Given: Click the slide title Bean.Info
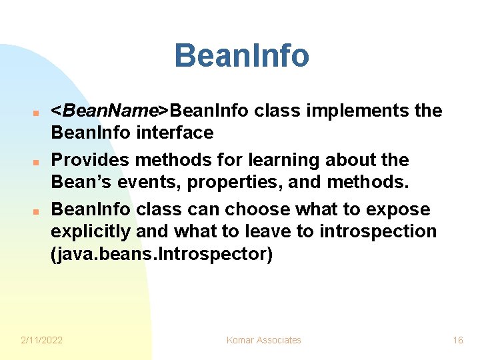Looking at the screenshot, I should coord(241,56).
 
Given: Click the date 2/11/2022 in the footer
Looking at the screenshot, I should coord(42,340).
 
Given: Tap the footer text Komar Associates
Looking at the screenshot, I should coord(264,340).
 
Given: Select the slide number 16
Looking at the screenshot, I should coord(458,340).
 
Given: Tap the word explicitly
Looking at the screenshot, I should coord(91,231).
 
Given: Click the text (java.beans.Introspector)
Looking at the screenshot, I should coord(162,255).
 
